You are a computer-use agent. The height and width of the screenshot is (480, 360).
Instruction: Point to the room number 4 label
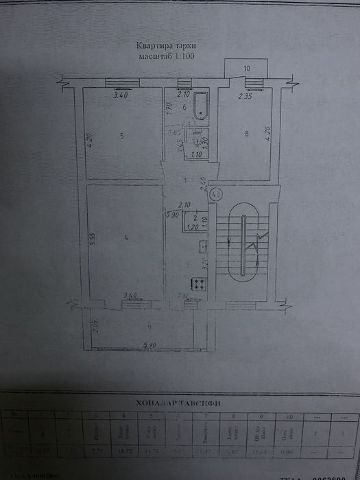click(x=125, y=238)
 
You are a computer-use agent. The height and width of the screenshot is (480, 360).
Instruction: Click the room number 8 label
click(x=245, y=135)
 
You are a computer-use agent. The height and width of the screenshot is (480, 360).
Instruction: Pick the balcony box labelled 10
click(x=246, y=69)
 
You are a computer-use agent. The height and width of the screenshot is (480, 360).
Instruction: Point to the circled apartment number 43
click(x=217, y=195)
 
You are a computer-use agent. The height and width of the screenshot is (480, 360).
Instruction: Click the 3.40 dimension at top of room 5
click(x=121, y=97)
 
